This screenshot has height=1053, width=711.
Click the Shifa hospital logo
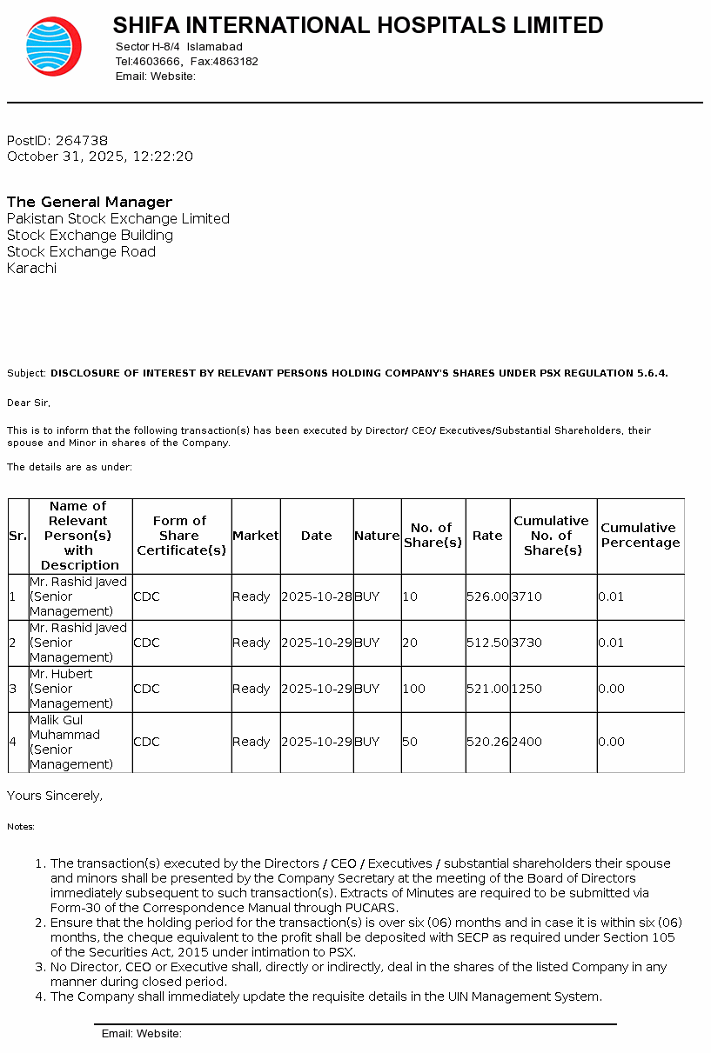click(53, 46)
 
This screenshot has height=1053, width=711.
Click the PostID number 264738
click(81, 140)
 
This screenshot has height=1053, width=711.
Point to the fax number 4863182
click(236, 62)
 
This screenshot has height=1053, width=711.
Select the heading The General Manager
click(90, 202)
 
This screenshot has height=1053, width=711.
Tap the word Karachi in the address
click(31, 268)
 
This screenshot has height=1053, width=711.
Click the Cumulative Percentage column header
click(640, 535)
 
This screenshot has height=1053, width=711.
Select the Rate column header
click(487, 536)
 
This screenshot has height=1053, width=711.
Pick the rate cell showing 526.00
click(487, 596)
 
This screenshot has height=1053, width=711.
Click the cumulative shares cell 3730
click(527, 643)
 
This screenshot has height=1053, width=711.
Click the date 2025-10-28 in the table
click(317, 596)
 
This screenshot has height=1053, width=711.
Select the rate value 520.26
click(487, 742)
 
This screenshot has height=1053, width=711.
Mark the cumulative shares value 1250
click(527, 689)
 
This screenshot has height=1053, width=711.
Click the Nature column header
click(377, 536)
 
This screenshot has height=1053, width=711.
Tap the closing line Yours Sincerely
click(55, 795)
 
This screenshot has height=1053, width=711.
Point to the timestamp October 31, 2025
click(65, 157)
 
